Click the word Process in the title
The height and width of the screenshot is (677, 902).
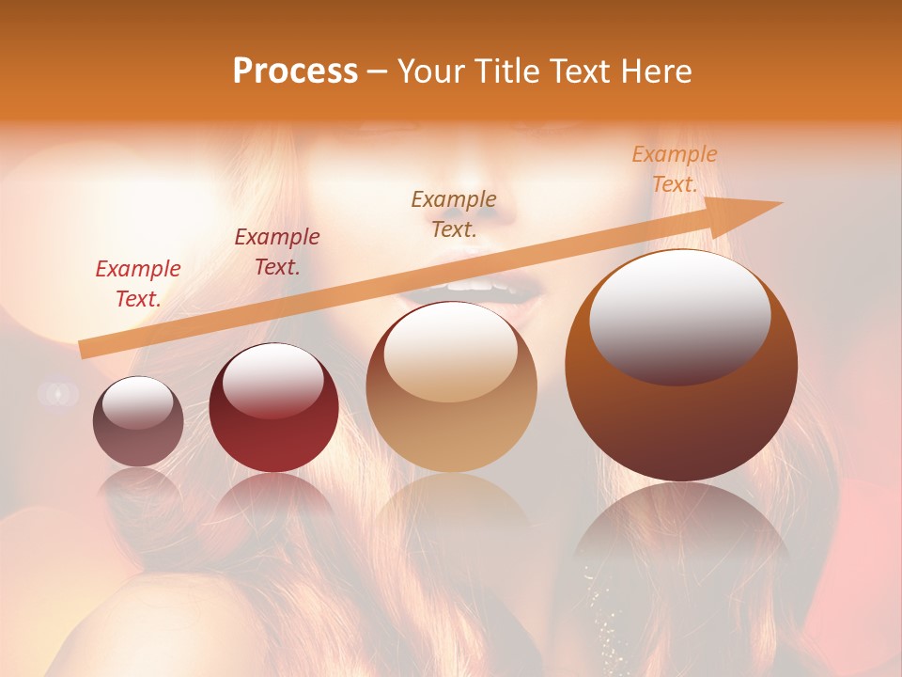(295, 71)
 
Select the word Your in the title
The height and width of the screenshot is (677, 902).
(434, 71)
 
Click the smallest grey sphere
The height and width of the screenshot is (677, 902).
(138, 421)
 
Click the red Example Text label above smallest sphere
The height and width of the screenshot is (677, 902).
(138, 283)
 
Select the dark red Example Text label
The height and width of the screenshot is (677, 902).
(276, 252)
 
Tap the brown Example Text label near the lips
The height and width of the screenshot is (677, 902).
(454, 213)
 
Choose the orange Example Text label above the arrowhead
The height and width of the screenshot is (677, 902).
(675, 169)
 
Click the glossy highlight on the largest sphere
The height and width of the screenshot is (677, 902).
(679, 315)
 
